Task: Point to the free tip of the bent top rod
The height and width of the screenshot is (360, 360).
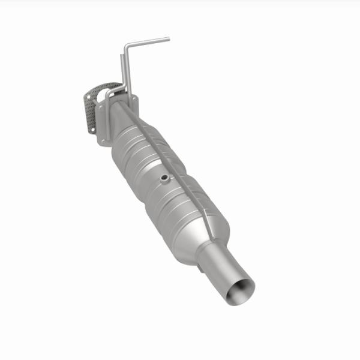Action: [168, 39]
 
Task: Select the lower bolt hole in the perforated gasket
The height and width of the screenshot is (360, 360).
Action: [91, 127]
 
